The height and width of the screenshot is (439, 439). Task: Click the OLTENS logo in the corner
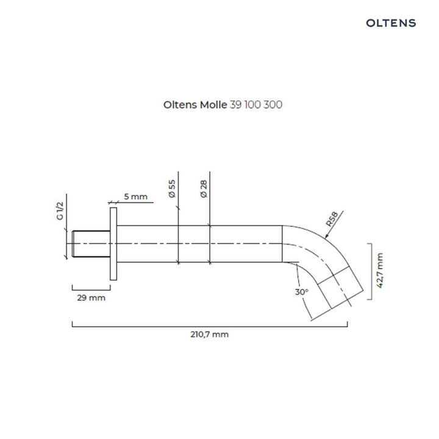click(x=391, y=23)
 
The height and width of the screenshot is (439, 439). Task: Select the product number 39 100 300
click(x=255, y=104)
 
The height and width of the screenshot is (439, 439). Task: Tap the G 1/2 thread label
click(x=60, y=212)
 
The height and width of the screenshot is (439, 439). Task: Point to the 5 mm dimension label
click(x=135, y=196)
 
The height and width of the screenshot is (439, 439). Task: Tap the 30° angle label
click(x=301, y=292)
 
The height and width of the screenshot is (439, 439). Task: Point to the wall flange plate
click(x=113, y=243)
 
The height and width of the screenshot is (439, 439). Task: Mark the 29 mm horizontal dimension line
click(x=90, y=287)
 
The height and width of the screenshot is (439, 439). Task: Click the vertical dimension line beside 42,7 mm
click(x=369, y=271)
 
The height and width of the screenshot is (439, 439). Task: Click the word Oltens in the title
click(x=179, y=104)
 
